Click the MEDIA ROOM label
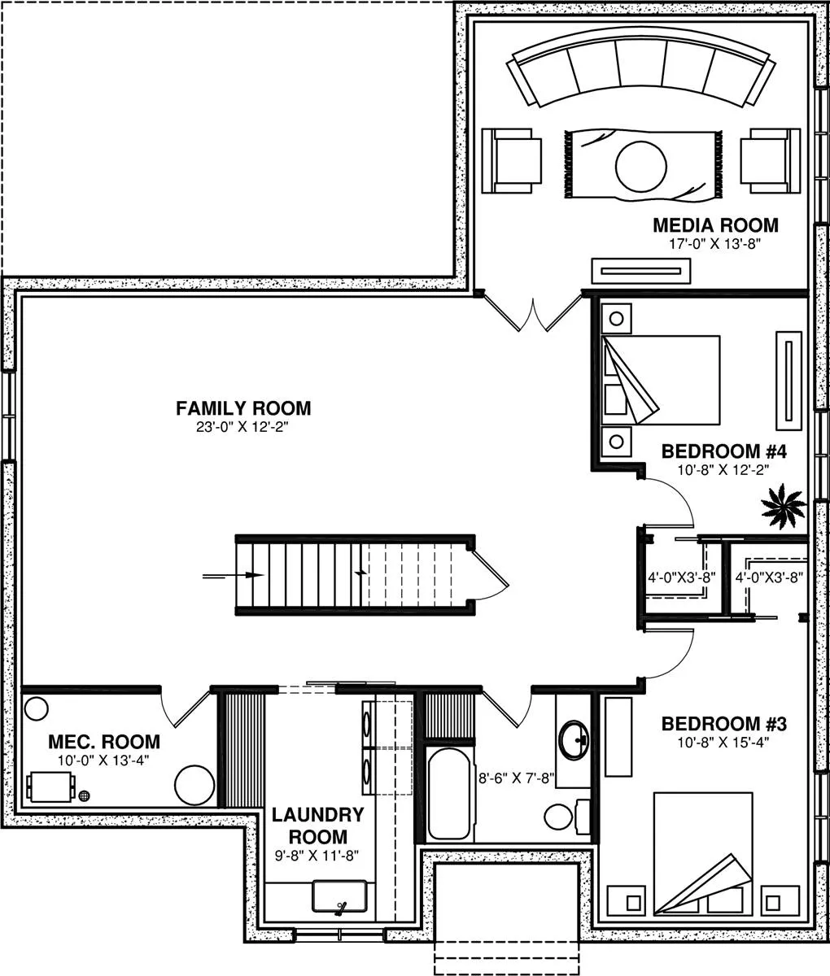(715, 225)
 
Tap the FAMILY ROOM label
(243, 408)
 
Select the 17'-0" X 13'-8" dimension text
(714, 244)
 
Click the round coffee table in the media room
(641, 166)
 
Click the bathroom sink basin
(574, 740)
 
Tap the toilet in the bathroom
(567, 817)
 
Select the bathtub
(449, 793)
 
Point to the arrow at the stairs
(233, 575)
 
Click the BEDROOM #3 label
(724, 724)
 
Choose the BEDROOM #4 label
(724, 451)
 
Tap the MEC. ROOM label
(104, 742)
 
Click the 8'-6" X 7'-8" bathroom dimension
(517, 778)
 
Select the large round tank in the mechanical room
(194, 785)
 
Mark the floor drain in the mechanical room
(84, 796)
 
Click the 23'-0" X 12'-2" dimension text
(242, 427)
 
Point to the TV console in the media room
(641, 271)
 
